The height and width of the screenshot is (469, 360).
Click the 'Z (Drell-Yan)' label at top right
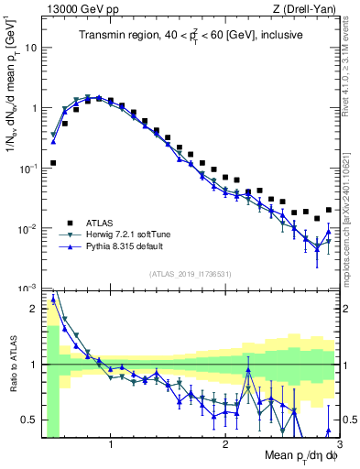tap(309, 9)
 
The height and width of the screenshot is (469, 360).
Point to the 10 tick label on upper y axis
tap(31, 47)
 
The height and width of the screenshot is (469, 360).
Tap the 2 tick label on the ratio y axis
tap(35, 309)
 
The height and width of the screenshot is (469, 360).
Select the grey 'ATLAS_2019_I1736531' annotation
tap(191, 275)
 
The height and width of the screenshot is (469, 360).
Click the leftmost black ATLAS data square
tap(53, 163)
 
